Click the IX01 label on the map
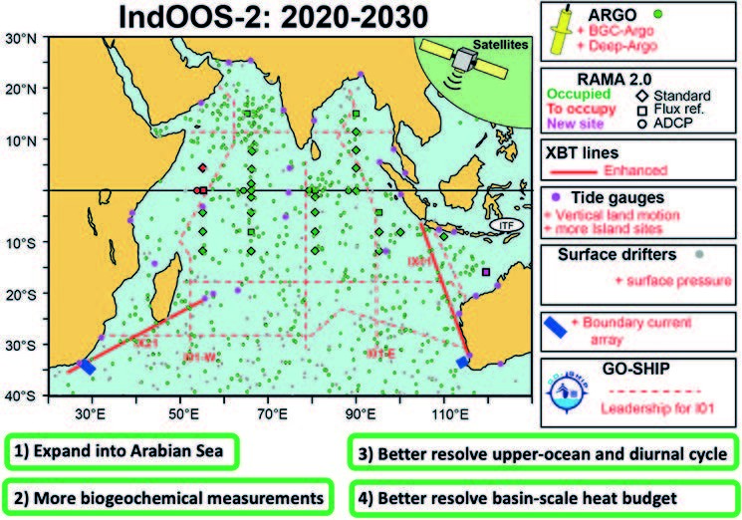tap(420, 261)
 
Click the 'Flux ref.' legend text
tap(688, 110)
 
